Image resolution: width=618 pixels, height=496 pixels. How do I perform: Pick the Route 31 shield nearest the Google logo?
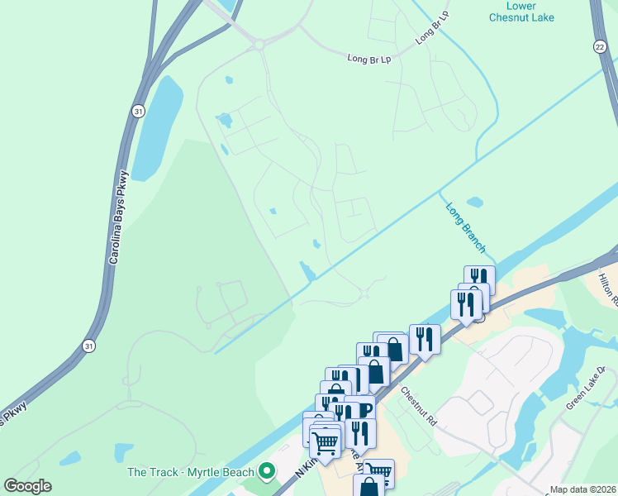point(88,346)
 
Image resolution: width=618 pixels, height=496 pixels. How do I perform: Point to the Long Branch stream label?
point(466,227)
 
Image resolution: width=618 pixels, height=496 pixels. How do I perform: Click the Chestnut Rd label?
point(420,405)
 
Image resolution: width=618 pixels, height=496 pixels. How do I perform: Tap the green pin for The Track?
point(266,472)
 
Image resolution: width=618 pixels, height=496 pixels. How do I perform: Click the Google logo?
point(27,486)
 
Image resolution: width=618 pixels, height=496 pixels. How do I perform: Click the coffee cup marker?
point(364,408)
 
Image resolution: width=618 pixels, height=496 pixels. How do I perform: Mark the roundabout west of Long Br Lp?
point(259,43)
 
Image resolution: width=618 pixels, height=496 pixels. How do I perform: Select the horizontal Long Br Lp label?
point(368,59)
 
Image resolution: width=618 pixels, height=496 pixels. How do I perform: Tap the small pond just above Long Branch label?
point(474,202)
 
